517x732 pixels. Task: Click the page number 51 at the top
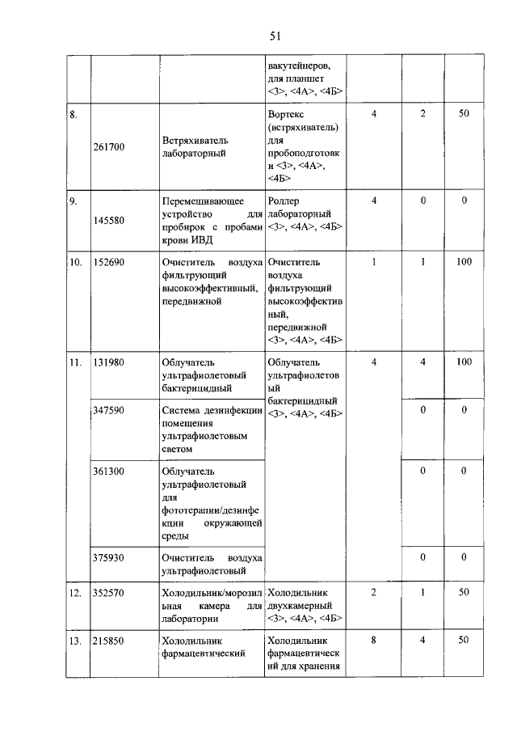275,36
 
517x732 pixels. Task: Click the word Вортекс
286,115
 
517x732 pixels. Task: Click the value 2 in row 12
374,593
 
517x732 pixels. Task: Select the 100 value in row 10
464,263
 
